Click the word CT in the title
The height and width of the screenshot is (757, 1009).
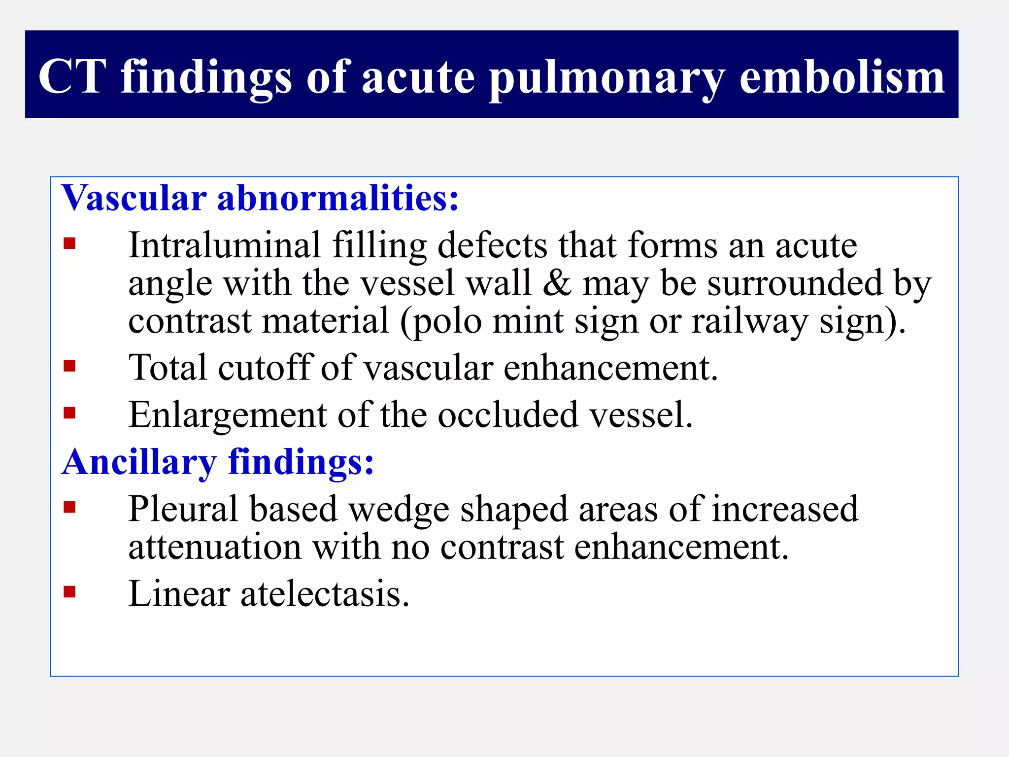72,76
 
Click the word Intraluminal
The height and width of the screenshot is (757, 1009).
225,245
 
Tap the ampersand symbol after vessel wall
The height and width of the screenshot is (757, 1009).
557,283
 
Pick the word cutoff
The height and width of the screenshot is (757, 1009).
266,367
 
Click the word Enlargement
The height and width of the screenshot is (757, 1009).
227,415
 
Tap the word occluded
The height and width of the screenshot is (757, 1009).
508,414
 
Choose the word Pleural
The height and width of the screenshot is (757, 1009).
183,509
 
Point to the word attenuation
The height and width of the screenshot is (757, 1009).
215,547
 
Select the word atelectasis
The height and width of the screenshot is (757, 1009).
325,594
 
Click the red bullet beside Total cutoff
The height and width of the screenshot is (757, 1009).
69,366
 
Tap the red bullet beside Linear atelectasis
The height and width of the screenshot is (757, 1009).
69,591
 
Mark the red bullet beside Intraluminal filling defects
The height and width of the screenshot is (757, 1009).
69,243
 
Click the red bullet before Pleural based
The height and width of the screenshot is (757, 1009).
69,507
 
